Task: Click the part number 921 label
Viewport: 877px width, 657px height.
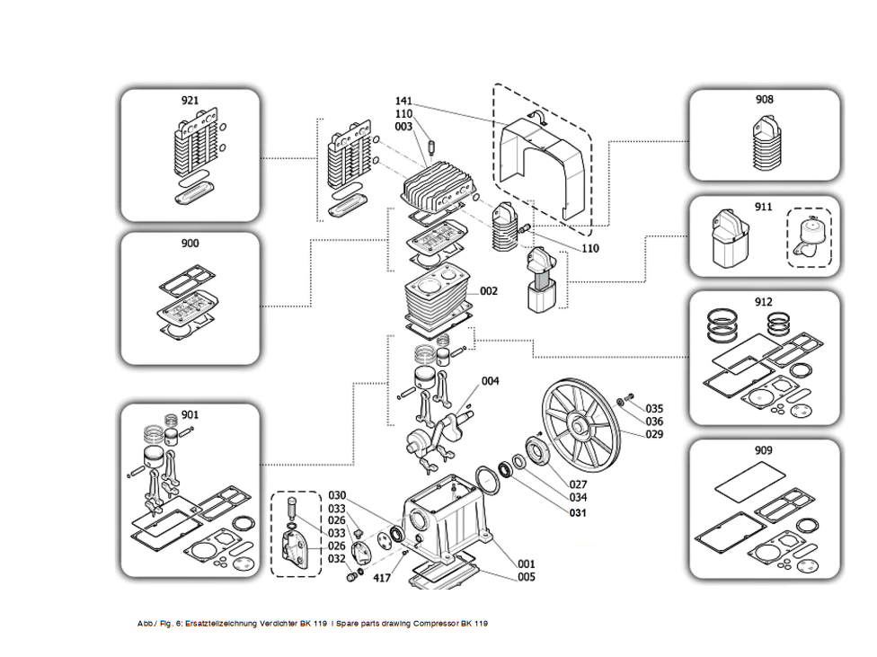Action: tap(190, 100)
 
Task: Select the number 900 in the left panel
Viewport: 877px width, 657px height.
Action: tap(190, 243)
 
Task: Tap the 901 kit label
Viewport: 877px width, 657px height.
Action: tap(190, 414)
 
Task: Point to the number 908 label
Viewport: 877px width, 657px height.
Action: tap(764, 100)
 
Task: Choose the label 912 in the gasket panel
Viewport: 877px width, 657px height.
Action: tap(764, 302)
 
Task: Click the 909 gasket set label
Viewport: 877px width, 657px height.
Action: tap(764, 450)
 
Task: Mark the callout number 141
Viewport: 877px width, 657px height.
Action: tap(403, 102)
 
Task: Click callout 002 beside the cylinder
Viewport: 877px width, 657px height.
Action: tap(488, 291)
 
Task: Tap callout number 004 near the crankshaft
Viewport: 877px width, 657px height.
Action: tap(490, 381)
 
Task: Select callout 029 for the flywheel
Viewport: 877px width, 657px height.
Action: tap(654, 434)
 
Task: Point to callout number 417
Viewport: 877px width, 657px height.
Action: tap(382, 578)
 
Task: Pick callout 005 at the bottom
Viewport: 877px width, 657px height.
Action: tap(526, 577)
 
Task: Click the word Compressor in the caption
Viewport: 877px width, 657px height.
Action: tap(436, 624)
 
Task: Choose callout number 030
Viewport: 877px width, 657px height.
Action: tap(337, 495)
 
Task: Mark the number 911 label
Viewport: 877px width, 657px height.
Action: tap(763, 207)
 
